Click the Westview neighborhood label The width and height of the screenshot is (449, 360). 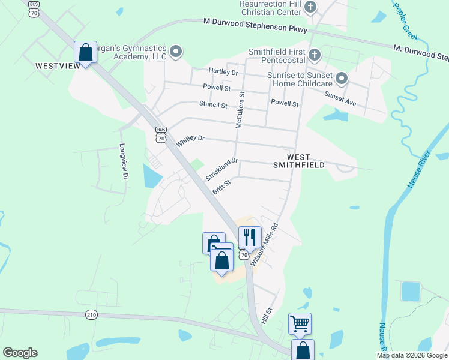[x=58, y=65]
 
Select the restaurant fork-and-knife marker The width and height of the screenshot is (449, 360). [x=250, y=238]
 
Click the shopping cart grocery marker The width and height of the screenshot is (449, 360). [x=300, y=324]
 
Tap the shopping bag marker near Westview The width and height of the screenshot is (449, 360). [x=86, y=52]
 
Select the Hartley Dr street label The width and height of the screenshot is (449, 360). [x=223, y=72]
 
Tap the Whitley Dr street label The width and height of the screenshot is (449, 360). [x=191, y=141]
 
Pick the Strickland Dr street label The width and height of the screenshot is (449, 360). [x=222, y=169]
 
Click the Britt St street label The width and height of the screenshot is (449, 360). [x=221, y=187]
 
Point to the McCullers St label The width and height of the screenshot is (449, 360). [x=240, y=110]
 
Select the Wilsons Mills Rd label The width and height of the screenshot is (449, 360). [x=265, y=245]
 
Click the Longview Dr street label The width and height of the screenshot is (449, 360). [x=124, y=161]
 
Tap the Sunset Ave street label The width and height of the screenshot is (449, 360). [x=340, y=98]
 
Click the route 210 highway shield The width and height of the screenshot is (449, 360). [x=91, y=314]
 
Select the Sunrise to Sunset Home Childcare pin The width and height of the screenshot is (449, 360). [x=342, y=79]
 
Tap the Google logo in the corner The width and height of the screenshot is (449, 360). [x=20, y=353]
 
